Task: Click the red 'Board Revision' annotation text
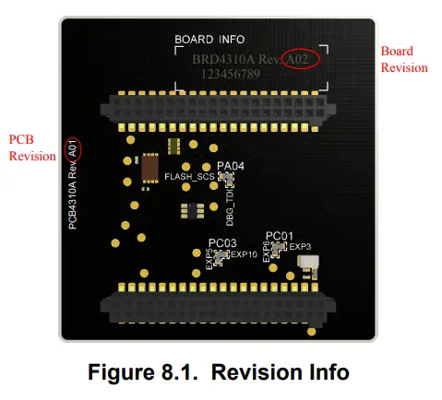click(403, 60)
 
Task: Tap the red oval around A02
click(302, 59)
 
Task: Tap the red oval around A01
click(72, 148)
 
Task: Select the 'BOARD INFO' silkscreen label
click(210, 40)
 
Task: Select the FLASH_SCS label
click(189, 176)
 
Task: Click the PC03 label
click(222, 242)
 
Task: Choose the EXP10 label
click(245, 254)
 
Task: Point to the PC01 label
click(280, 235)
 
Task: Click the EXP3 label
click(301, 247)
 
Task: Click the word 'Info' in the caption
click(326, 372)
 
